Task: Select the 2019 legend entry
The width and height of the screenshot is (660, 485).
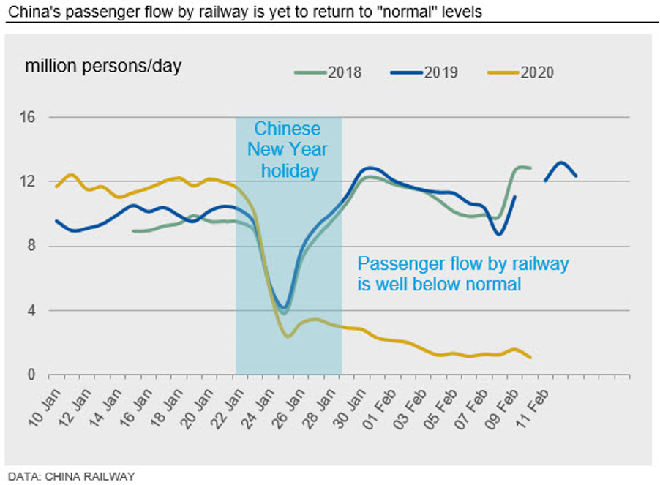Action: (x=424, y=72)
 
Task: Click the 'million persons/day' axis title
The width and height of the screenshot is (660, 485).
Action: (x=103, y=66)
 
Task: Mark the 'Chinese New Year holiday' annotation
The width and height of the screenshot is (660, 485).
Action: (x=288, y=150)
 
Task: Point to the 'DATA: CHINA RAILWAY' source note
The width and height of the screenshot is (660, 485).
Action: (x=71, y=476)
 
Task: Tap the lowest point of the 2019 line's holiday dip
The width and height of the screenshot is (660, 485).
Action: (x=285, y=307)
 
